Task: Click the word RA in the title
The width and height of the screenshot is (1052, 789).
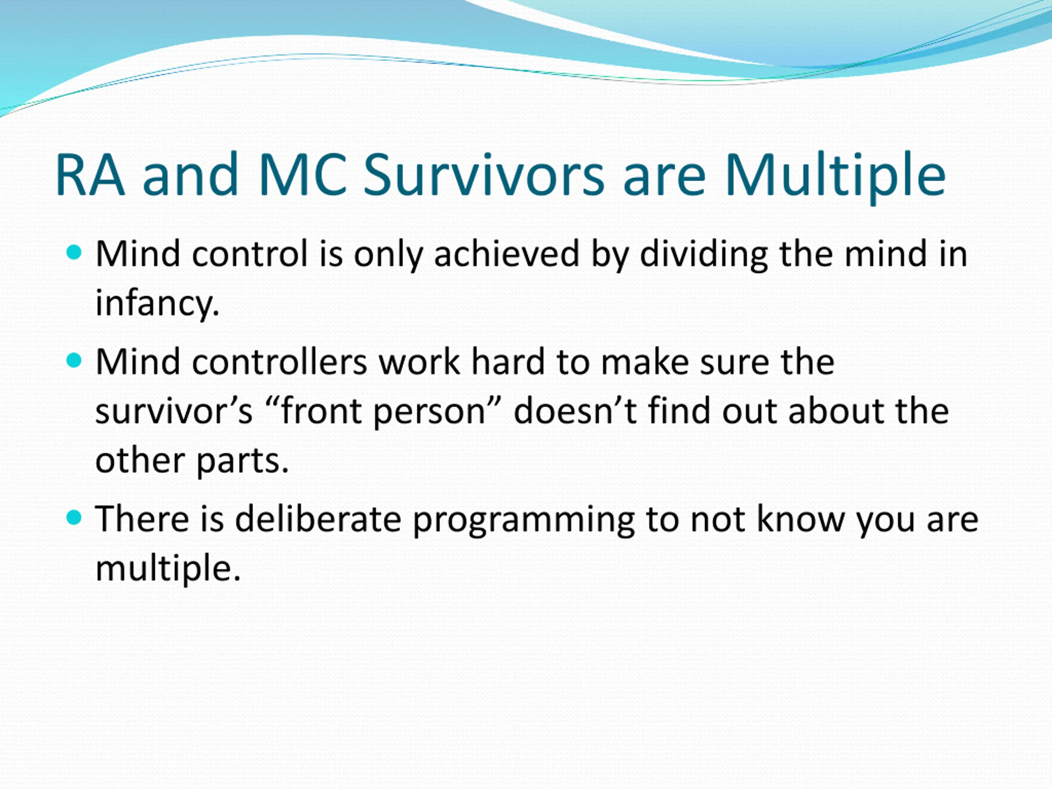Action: (90, 175)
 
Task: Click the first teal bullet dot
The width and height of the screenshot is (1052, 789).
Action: (75, 252)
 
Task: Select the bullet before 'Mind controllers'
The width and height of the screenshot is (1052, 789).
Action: (75, 360)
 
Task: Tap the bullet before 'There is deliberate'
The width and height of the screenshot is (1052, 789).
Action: (75, 517)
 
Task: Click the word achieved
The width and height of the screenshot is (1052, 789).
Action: (507, 254)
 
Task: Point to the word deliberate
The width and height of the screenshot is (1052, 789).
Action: (318, 519)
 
